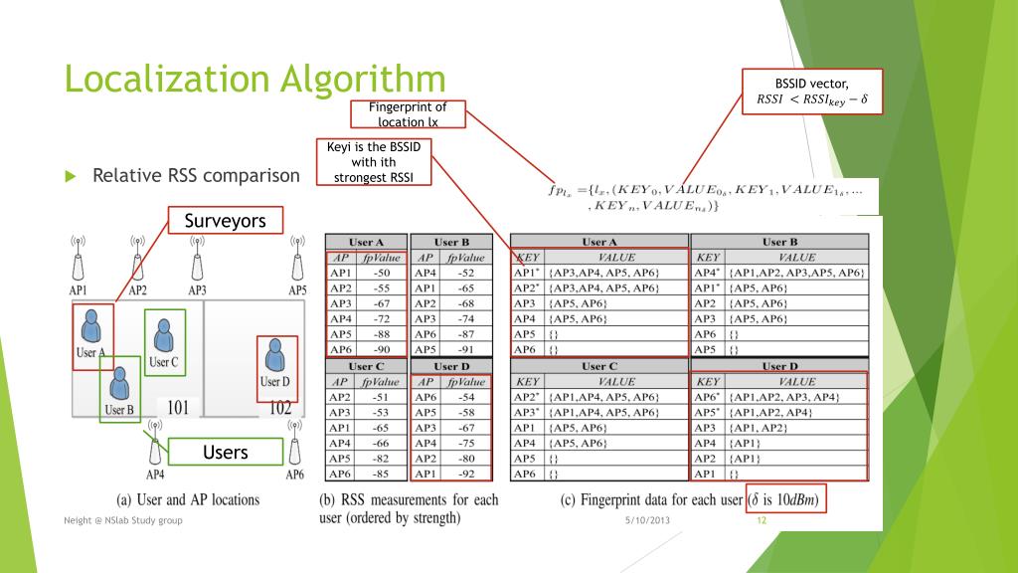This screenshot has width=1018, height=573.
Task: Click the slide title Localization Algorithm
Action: (254, 80)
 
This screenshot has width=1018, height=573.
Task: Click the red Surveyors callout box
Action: (225, 221)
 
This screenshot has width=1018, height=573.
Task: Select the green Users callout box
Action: (225, 453)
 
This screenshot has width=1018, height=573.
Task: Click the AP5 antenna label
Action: (296, 290)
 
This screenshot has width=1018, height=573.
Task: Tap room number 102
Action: (279, 407)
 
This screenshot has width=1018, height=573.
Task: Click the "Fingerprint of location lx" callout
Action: (408, 114)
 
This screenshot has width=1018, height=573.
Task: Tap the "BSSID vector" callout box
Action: (811, 92)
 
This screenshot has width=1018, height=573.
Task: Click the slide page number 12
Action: (763, 521)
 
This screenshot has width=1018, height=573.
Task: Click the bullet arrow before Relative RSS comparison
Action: (71, 176)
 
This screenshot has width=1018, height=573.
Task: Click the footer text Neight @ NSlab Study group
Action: (122, 521)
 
